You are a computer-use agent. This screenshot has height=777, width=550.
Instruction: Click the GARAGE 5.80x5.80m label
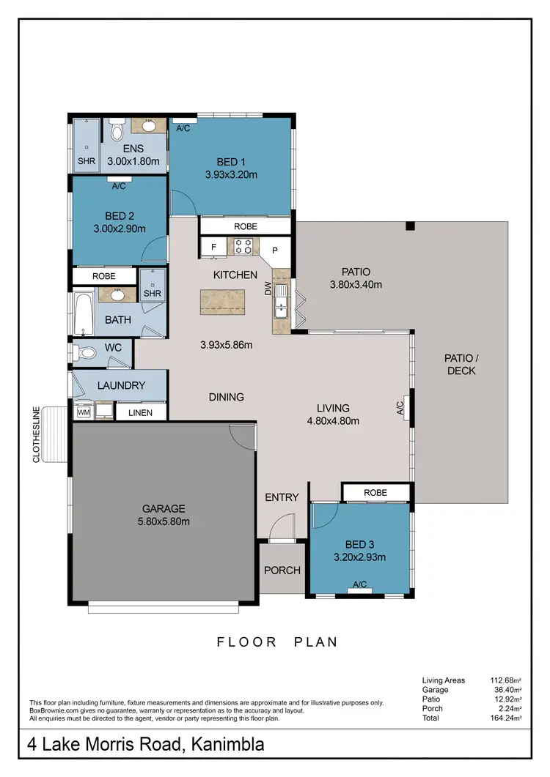coord(164,515)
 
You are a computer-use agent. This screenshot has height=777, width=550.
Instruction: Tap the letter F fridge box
coord(213,248)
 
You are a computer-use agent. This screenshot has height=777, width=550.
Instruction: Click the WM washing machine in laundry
coord(83,412)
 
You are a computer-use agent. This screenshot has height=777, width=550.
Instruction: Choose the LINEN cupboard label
coord(141,412)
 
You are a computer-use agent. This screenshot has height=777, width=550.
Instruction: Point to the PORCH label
coord(282,570)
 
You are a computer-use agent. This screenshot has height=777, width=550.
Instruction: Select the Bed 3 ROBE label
coord(375,492)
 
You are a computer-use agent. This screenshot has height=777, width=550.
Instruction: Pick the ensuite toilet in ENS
coord(117,132)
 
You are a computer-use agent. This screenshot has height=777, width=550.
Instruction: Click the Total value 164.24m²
coord(506,718)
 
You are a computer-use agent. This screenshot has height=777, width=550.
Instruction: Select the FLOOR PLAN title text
coord(277,642)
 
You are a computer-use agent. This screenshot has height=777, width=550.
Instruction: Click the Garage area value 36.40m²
coord(506,690)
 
